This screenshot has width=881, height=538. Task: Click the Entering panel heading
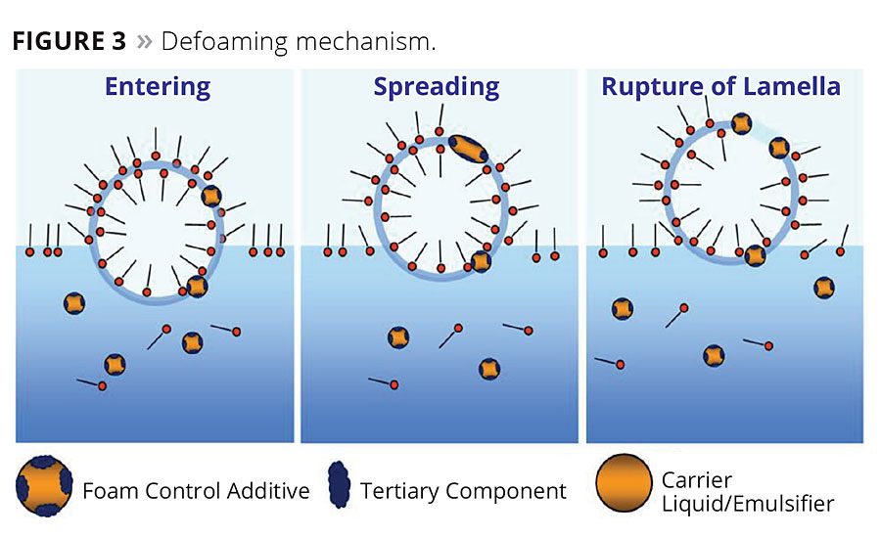click(157, 87)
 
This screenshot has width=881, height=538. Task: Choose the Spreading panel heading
click(437, 87)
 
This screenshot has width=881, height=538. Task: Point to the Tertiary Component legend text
click(463, 490)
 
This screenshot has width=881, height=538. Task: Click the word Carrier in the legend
click(696, 478)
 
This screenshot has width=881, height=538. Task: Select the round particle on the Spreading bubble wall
click(480, 261)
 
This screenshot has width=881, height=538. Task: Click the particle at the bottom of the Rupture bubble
click(754, 255)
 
